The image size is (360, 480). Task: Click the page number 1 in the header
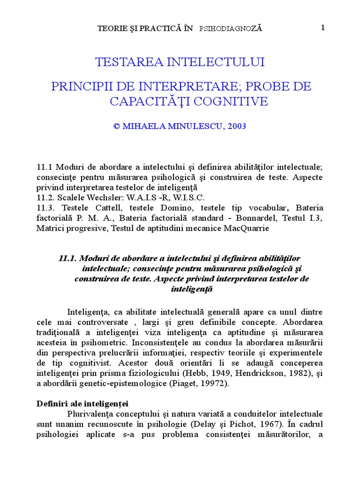point(323,28)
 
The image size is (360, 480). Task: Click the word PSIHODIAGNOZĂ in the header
point(231,29)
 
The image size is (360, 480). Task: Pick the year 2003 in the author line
point(236,126)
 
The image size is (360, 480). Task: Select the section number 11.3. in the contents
point(45,208)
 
